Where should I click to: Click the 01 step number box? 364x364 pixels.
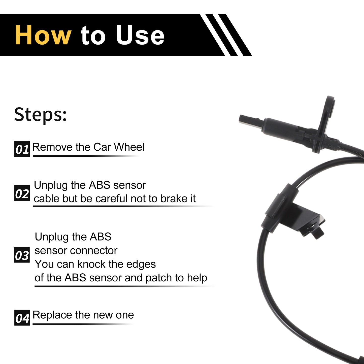[x=22, y=149]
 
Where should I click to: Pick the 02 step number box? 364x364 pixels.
[x=22, y=193]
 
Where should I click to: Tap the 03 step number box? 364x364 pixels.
[x=22, y=255]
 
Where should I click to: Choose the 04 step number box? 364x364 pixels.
[x=22, y=318]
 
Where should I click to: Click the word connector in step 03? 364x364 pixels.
[x=94, y=251]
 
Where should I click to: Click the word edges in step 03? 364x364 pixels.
[x=141, y=264]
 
